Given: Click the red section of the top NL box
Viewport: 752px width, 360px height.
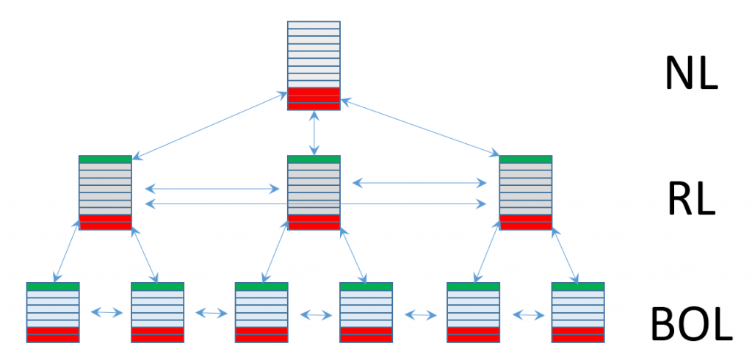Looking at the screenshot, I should tap(314, 98).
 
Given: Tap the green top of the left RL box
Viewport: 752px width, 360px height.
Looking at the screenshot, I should tap(105, 159).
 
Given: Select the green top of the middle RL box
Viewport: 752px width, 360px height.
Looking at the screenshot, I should tap(314, 159).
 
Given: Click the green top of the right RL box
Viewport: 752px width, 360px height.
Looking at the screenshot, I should tap(525, 159).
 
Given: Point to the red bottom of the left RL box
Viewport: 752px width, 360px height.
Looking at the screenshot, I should tap(105, 222).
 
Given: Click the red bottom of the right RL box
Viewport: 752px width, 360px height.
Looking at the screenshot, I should tap(525, 222).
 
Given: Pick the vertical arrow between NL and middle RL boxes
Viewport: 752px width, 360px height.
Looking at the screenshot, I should tap(314, 133).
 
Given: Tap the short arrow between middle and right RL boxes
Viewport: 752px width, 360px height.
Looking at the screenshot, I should tap(419, 181).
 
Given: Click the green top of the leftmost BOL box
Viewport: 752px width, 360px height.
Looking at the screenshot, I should tap(53, 286).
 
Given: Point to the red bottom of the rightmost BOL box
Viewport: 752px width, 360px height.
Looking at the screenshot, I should tap(578, 334).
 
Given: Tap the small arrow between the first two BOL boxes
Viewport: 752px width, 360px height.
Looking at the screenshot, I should tap(106, 312).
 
